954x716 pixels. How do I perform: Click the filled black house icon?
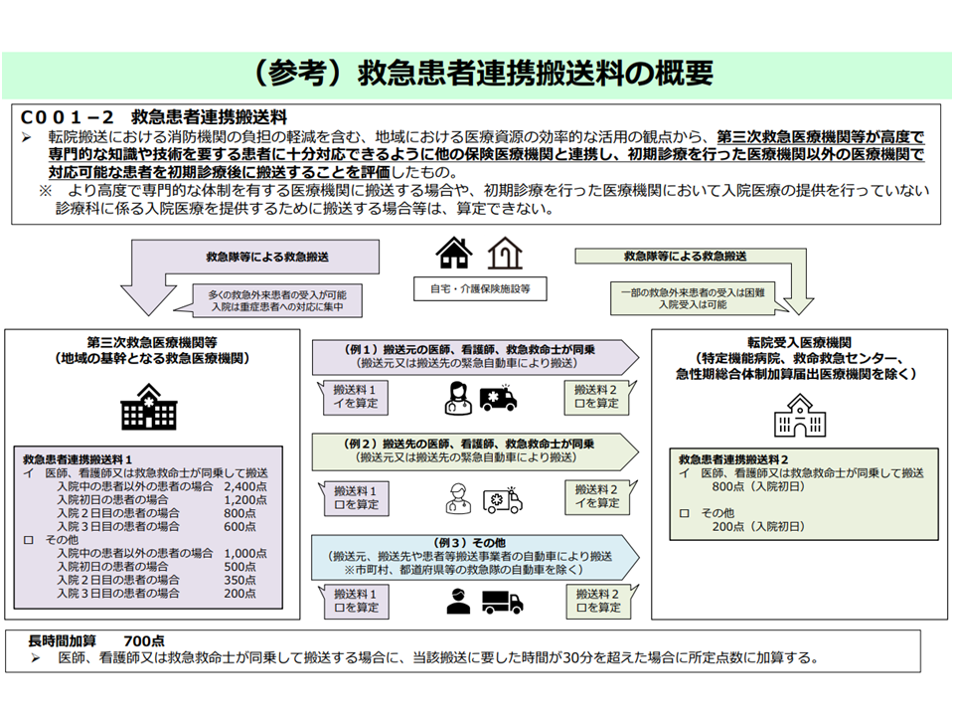pos(454,254)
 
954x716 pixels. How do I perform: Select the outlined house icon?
pos(504,254)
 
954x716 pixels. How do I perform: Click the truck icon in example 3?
pos(502,602)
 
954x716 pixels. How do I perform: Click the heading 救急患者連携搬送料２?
pos(733,459)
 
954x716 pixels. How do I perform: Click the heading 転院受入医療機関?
pos(799,341)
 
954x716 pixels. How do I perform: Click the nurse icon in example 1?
pos(457,400)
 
